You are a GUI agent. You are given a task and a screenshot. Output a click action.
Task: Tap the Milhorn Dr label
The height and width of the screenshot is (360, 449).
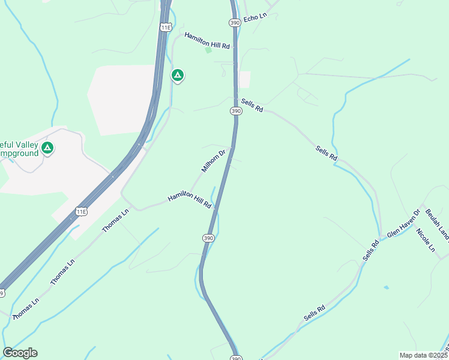coord(213,161)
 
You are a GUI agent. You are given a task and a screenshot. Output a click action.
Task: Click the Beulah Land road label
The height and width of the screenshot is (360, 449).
coord(437,223)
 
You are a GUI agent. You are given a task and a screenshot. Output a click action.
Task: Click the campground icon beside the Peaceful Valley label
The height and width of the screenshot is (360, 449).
coord(47,148)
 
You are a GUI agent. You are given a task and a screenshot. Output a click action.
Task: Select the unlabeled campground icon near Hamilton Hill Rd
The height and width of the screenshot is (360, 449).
coord(177,75)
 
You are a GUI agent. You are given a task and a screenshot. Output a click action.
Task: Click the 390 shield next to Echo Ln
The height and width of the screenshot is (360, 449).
coord(235,22)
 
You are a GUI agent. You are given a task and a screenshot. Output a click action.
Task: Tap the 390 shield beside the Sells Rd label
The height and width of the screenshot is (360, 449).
coord(236,111)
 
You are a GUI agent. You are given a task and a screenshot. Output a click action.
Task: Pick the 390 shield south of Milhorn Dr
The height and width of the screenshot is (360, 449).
coord(208,238)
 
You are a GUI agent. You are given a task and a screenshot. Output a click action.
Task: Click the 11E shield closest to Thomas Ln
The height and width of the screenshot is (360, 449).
coord(82,211)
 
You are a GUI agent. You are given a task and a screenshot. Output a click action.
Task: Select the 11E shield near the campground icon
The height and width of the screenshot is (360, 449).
coord(166,27)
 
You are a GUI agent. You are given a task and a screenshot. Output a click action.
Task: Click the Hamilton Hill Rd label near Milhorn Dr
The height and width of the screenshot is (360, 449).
coord(190,200)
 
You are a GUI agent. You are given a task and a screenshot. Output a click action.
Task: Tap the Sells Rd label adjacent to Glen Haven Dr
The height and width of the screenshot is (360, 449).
coord(371,250)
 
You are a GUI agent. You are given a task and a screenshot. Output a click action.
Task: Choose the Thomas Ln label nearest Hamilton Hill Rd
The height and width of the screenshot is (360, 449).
coord(115,221)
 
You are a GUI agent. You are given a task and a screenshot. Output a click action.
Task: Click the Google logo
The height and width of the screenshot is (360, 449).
coord(20,353)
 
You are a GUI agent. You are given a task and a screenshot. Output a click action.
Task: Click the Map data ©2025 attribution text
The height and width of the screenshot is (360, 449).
coord(423,355)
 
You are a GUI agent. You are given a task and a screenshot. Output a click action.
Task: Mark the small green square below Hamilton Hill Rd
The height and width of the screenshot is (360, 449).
coord(208,50)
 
